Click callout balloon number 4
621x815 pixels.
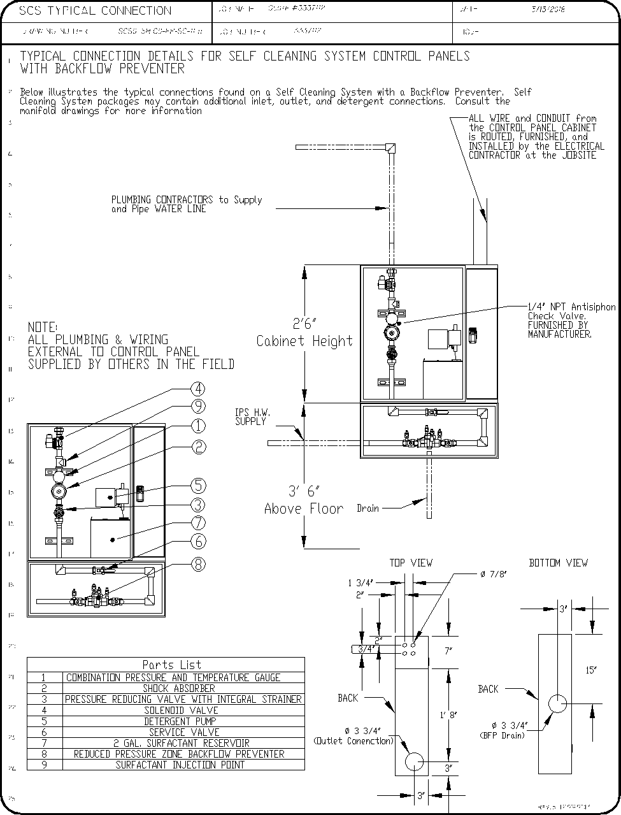click(199, 389)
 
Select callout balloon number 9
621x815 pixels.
click(199, 406)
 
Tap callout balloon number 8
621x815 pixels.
click(199, 564)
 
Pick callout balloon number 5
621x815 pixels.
click(199, 486)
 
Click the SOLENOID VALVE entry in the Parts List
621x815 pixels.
click(181, 710)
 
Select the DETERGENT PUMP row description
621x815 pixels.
click(181, 721)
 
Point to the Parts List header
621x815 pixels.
click(171, 665)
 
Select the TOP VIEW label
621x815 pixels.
click(411, 563)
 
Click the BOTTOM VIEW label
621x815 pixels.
click(559, 563)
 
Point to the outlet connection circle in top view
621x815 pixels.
click(414, 761)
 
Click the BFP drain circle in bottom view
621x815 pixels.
click(557, 704)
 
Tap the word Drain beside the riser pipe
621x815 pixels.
click(368, 508)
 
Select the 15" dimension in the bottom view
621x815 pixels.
click(591, 670)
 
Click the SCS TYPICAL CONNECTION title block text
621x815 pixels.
click(96, 11)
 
